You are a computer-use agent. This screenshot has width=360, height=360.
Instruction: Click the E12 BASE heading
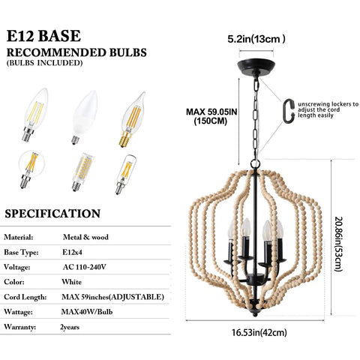(x=43, y=36)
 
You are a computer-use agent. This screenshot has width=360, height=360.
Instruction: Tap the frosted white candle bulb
(x=84, y=117)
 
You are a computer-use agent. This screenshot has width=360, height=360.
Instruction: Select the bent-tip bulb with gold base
(x=131, y=119)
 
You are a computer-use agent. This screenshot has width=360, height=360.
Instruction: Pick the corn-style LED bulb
(x=82, y=172)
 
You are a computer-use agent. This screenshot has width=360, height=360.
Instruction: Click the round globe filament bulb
(x=31, y=169)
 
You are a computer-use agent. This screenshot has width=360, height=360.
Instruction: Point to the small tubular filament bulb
(x=125, y=174)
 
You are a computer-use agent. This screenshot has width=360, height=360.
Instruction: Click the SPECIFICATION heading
(x=52, y=214)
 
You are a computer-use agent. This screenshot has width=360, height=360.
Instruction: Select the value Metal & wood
(x=85, y=237)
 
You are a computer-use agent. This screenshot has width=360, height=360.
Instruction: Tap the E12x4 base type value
(x=72, y=252)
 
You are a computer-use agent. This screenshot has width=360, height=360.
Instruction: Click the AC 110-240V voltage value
(x=84, y=267)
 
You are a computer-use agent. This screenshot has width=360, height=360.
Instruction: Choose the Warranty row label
(x=20, y=327)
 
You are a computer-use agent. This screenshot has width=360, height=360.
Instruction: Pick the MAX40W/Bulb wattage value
(x=87, y=312)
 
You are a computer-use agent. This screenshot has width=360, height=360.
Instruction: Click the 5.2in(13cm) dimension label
(x=256, y=39)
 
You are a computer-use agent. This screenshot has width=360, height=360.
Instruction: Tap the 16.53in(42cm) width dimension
(x=259, y=332)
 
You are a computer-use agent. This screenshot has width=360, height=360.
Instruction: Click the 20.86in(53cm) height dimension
(x=337, y=244)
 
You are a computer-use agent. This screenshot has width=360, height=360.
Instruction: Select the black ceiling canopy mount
(x=256, y=66)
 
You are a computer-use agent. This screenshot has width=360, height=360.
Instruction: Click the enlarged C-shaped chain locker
(x=289, y=111)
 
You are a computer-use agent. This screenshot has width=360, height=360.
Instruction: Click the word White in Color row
(x=71, y=282)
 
